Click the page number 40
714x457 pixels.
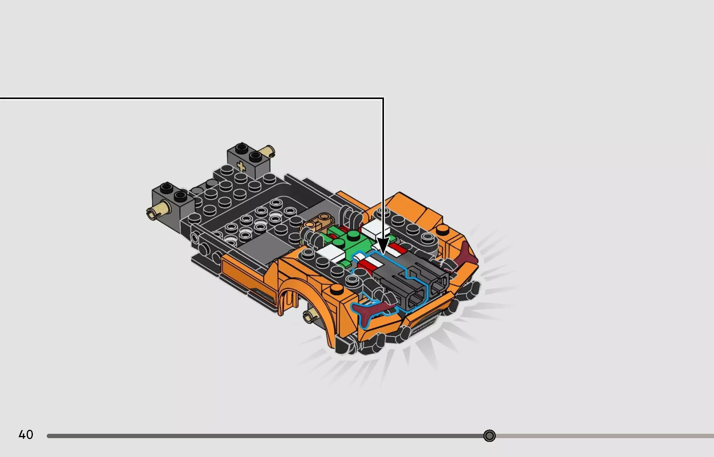pos(26,435)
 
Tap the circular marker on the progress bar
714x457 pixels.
pos(489,436)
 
